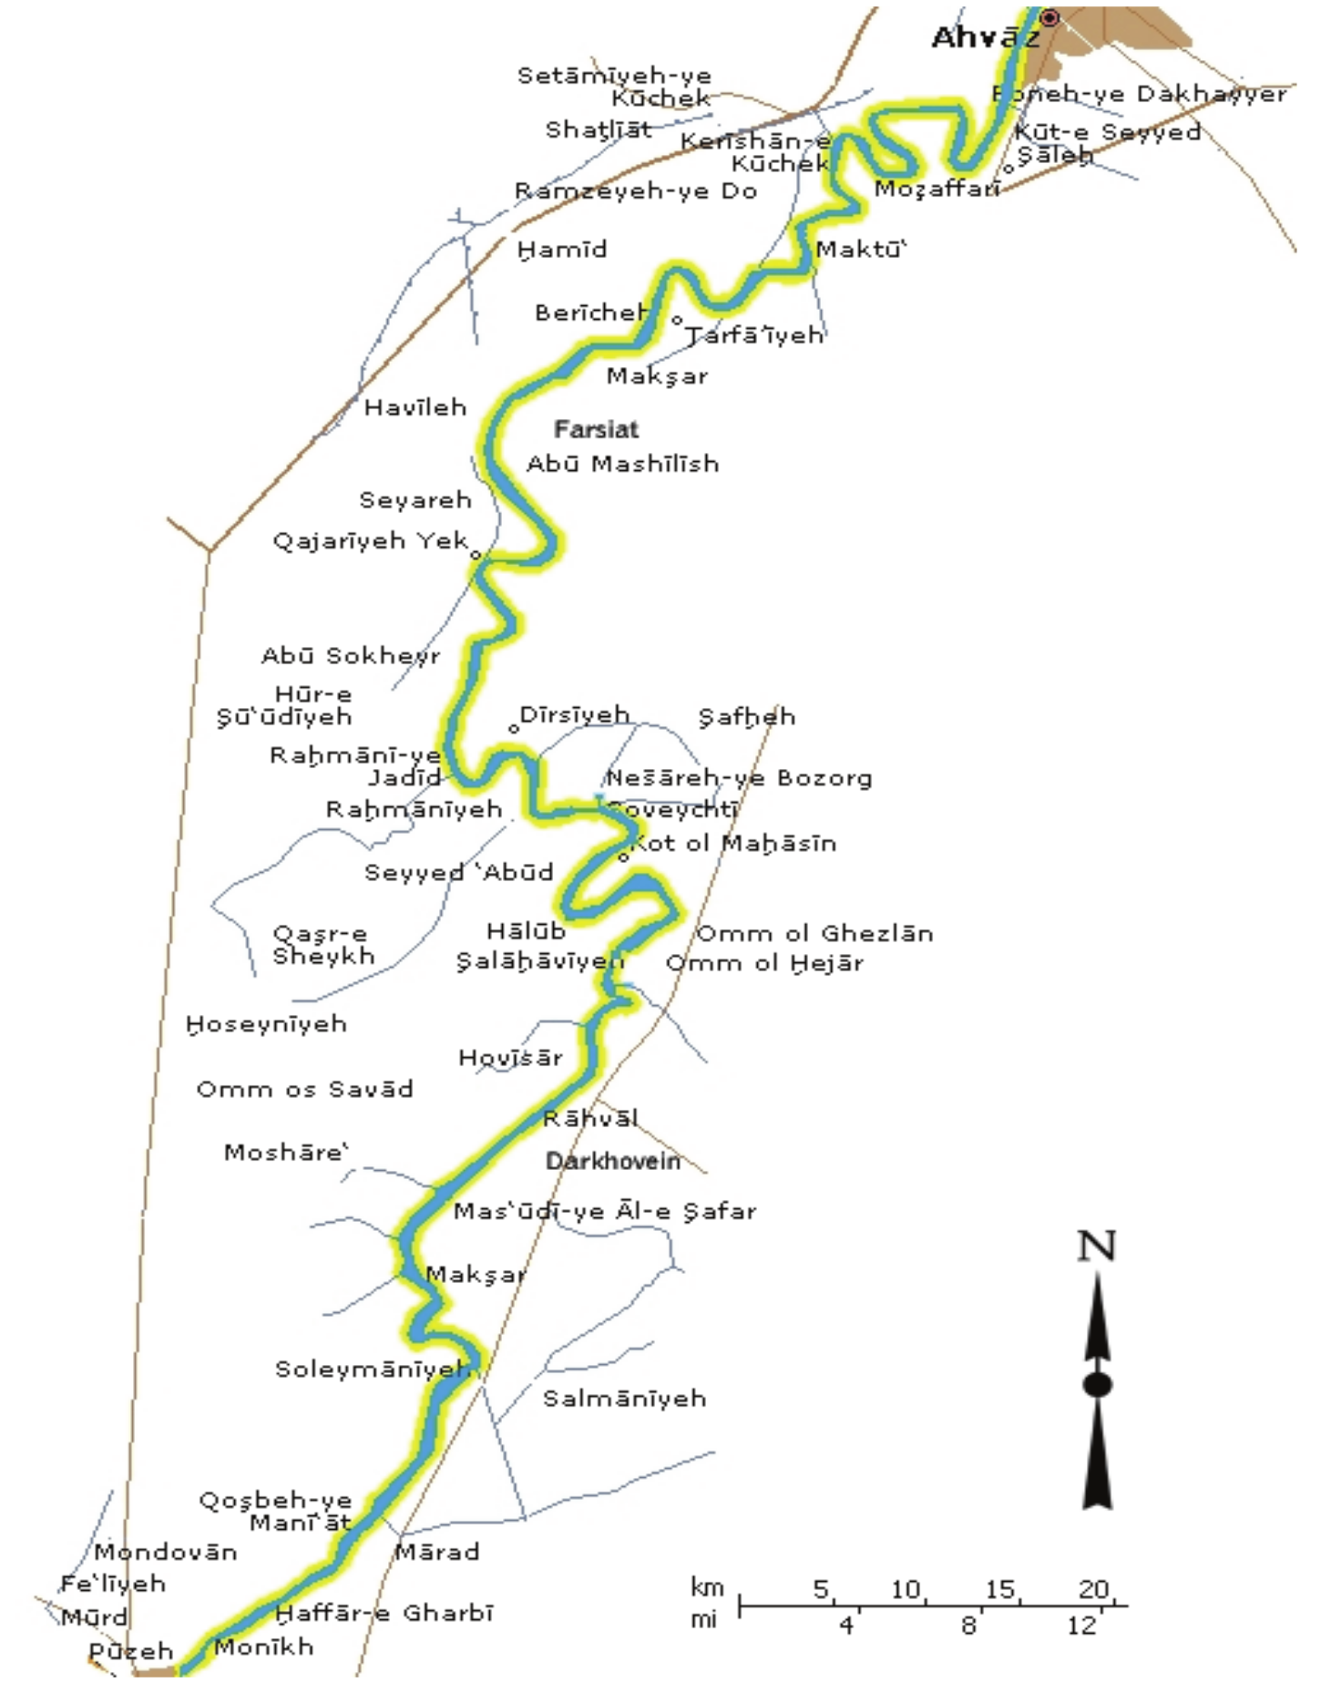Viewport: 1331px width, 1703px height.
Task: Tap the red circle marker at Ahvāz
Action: pyautogui.click(x=1050, y=17)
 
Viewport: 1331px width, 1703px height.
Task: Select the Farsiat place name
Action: pyautogui.click(x=597, y=429)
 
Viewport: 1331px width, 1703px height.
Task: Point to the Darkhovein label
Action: pyautogui.click(x=613, y=1161)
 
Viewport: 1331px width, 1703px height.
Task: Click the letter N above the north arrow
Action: pyautogui.click(x=1096, y=1246)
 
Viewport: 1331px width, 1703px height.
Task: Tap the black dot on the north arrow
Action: pyautogui.click(x=1097, y=1385)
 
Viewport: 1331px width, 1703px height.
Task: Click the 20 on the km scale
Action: pyautogui.click(x=1093, y=1590)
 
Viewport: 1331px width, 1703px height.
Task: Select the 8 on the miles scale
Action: pyautogui.click(x=968, y=1626)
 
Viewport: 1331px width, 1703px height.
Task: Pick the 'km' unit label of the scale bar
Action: pyautogui.click(x=707, y=1588)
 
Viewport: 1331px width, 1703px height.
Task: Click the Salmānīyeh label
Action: pyautogui.click(x=625, y=1399)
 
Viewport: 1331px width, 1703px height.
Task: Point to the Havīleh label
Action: pyautogui.click(x=415, y=407)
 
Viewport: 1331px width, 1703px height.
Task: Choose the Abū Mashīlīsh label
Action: pyautogui.click(x=623, y=464)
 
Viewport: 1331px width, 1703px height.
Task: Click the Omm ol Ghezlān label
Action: pyautogui.click(x=814, y=934)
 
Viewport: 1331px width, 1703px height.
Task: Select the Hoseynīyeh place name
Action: pyautogui.click(x=267, y=1025)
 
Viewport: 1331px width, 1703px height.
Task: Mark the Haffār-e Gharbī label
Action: pyautogui.click(x=384, y=1614)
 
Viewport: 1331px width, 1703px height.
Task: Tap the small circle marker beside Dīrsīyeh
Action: pyautogui.click(x=514, y=728)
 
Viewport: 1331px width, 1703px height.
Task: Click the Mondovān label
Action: pyautogui.click(x=166, y=1552)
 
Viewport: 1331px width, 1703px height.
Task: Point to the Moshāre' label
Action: pyautogui.click(x=286, y=1153)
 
